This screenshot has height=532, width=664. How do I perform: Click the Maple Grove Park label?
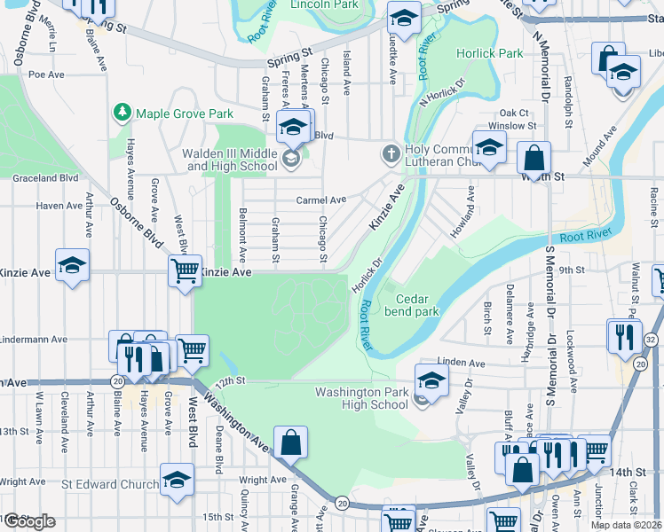(x=184, y=113)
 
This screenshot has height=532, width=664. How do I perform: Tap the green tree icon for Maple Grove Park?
(x=122, y=113)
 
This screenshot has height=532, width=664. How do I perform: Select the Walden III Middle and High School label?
(x=230, y=160)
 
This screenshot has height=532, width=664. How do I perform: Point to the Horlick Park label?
(x=489, y=53)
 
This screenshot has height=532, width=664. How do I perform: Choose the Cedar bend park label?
(x=411, y=306)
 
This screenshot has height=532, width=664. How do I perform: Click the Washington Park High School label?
(x=362, y=398)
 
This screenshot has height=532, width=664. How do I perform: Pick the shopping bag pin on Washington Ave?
(x=291, y=441)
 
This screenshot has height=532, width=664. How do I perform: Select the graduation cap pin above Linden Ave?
(x=431, y=379)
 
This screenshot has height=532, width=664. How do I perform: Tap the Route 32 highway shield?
(x=651, y=340)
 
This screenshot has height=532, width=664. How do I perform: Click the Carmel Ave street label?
(x=320, y=200)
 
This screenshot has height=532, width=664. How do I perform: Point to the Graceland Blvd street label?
(x=45, y=178)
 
